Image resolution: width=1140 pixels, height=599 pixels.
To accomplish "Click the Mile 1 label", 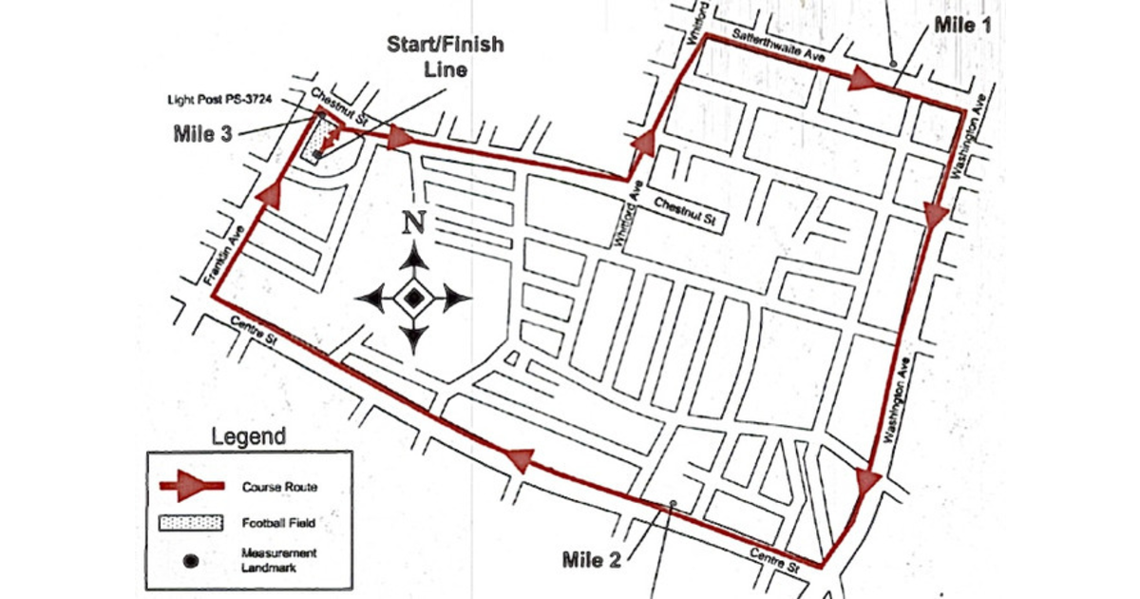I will coord(962,25).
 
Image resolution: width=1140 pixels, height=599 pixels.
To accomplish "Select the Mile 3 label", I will coord(202,133).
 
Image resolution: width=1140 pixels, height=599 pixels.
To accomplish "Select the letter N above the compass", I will coord(412,223).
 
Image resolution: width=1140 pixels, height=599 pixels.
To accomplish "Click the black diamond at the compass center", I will coord(412,299).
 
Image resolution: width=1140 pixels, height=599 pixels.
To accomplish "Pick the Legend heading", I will coord(248,437).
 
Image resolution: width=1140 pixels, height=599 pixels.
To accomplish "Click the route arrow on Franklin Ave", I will coord(270,193).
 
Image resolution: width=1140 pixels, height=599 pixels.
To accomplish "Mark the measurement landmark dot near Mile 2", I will coord(672,503).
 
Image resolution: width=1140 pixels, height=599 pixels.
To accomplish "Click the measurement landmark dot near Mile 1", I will coord(893,63).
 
